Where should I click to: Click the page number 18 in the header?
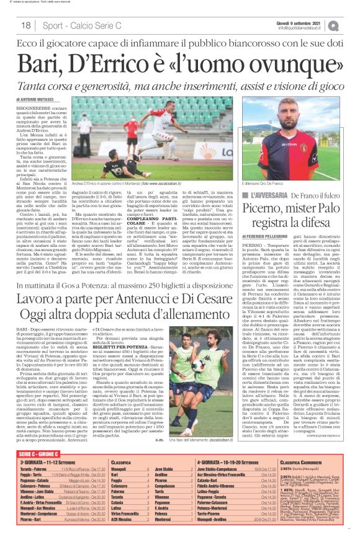(26, 25)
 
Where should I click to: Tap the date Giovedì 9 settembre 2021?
(300, 22)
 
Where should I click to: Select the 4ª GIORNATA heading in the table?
(215, 463)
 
